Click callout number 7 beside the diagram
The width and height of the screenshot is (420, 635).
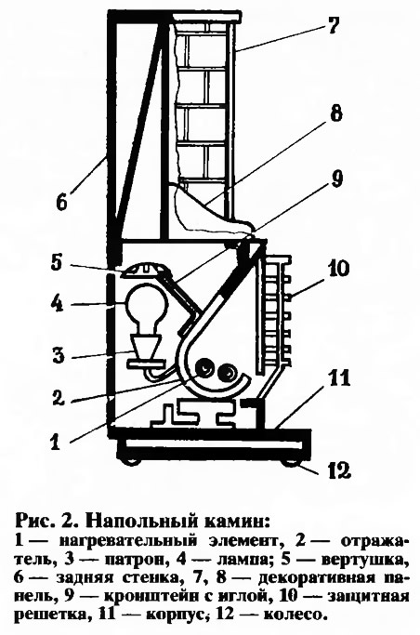coord(332,27)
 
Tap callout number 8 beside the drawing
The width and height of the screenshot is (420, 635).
coord(335,113)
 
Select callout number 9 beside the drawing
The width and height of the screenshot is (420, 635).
coord(336,179)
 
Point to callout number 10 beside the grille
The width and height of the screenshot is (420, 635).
coord(339,270)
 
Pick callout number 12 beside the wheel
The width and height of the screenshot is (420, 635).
coord(337,471)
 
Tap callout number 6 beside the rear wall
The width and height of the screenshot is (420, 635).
coord(61,201)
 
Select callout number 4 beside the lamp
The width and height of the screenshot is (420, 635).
coord(57,304)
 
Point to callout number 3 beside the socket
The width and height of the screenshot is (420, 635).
coord(59,356)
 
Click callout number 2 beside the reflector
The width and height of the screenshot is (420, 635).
coord(58,398)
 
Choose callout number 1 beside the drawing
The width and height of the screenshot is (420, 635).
coord(56,442)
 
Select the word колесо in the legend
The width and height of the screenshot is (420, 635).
coord(295,615)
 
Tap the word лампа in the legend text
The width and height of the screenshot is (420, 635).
coord(242,560)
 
